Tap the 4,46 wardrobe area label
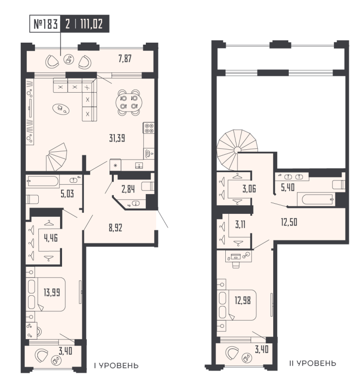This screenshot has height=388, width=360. (x=48, y=238)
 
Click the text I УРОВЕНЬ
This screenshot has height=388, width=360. (x=117, y=364)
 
